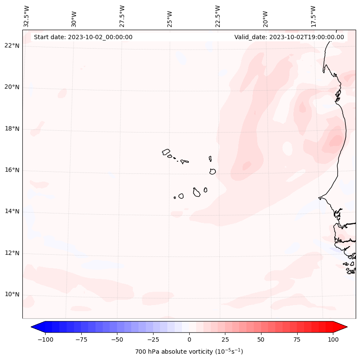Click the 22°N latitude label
12,46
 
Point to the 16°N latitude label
12,170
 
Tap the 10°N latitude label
12,295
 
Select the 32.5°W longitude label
27,16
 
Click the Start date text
83,37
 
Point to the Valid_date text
289,37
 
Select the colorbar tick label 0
189,339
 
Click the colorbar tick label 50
261,339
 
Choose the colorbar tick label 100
333,339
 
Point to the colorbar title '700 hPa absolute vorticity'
189,352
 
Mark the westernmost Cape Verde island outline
166,151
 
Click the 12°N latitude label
12,253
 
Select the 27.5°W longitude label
122,16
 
